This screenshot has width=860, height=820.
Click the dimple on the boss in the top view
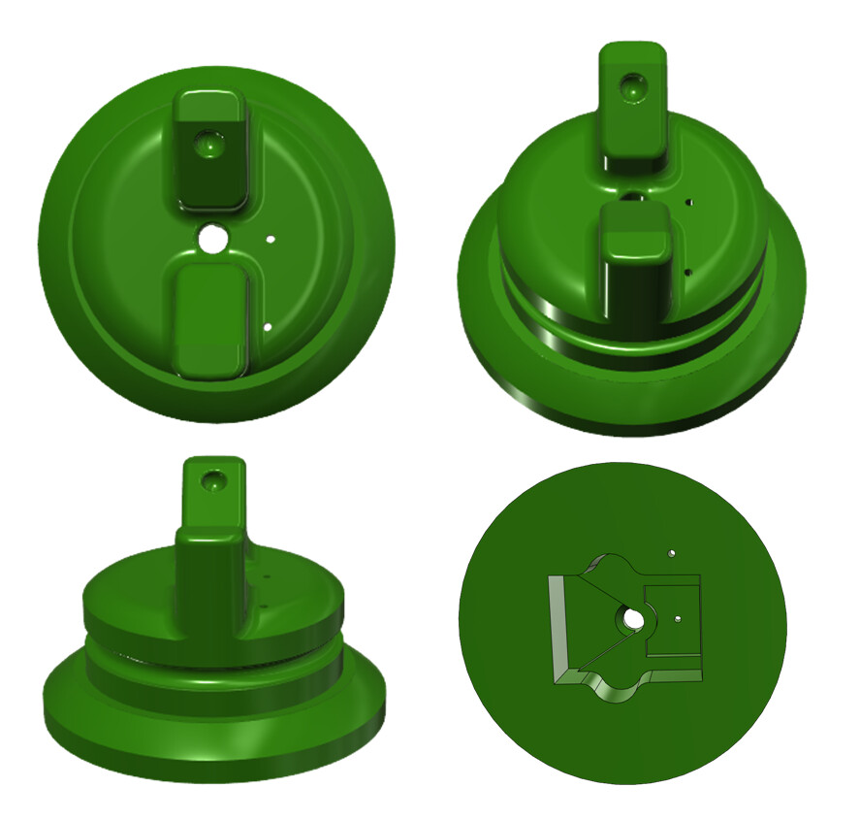[x=208, y=146]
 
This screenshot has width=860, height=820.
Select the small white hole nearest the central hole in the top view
[x=271, y=237]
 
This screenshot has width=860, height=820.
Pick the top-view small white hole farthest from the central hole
[x=267, y=327]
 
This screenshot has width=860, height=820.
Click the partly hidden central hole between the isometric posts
[x=632, y=197]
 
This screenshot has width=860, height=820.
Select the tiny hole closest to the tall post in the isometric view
[x=689, y=203]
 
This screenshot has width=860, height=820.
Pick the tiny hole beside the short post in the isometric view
[x=687, y=273]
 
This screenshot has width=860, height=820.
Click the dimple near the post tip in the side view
[x=211, y=479]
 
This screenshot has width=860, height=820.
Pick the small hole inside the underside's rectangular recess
[x=678, y=617]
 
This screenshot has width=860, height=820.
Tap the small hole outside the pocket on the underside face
[x=671, y=553]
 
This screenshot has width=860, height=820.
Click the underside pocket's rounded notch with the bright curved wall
[x=613, y=690]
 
